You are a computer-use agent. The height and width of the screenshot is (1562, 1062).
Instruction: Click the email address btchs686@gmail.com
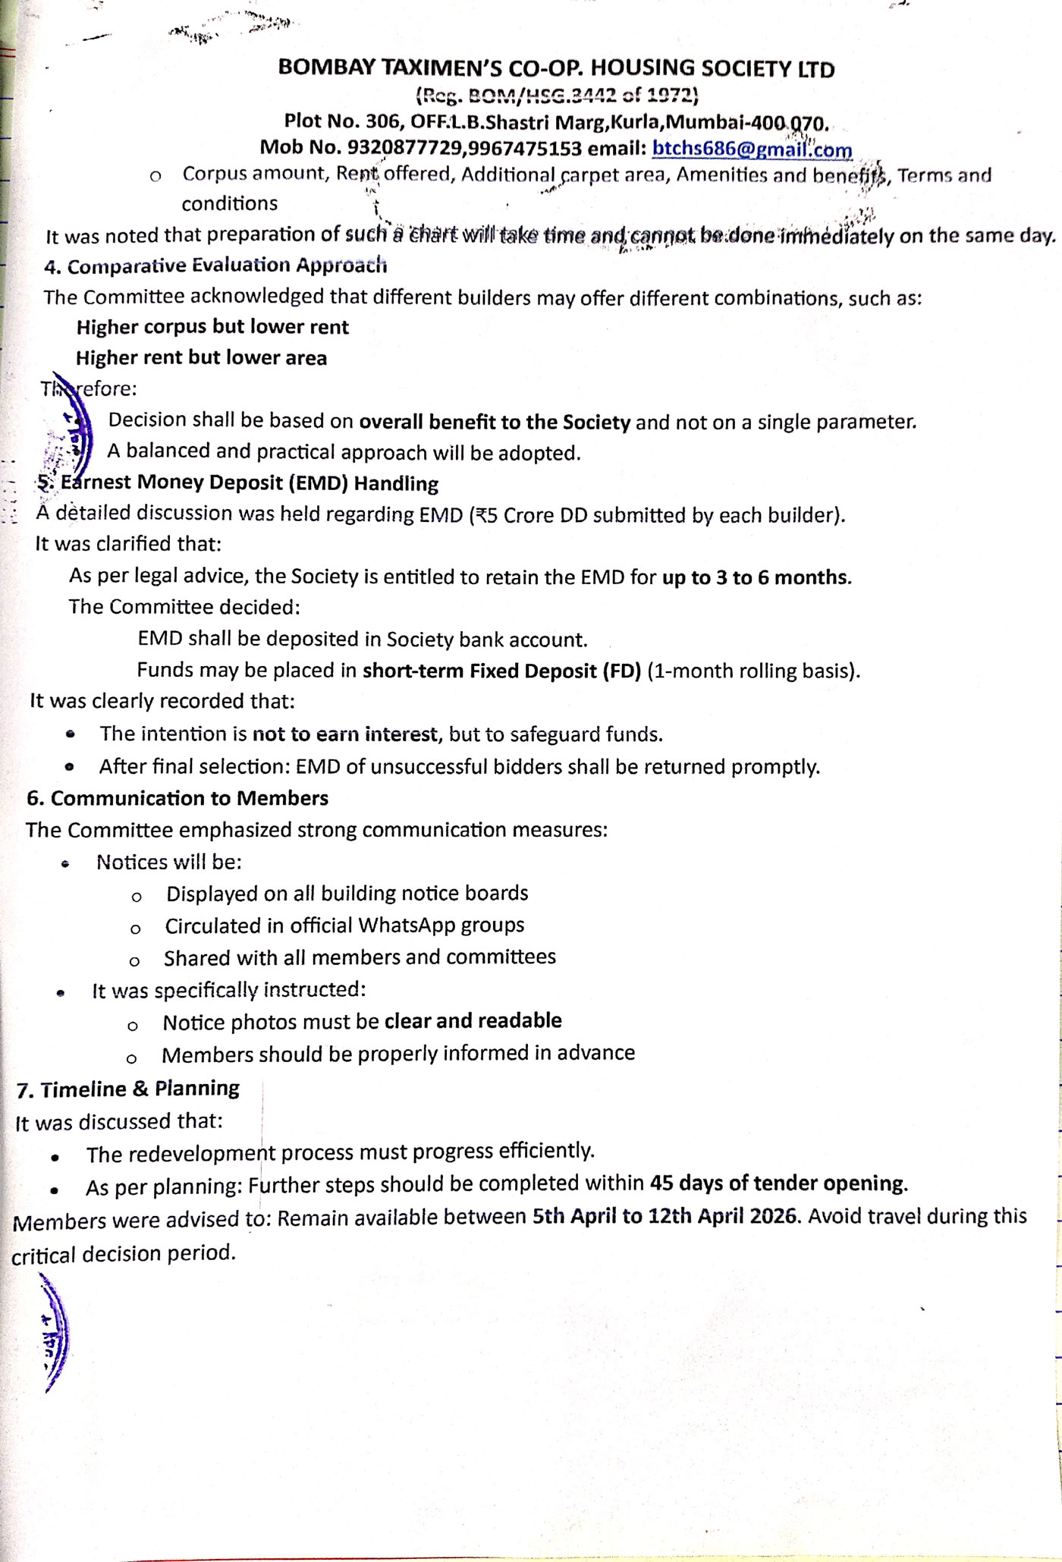tap(752, 149)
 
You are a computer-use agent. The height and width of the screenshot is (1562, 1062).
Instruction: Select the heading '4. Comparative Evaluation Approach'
tap(215, 266)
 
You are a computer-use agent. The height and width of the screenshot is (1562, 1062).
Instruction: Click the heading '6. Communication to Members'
tap(178, 799)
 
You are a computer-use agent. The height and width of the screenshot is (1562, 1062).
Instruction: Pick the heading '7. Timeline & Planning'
tap(128, 1089)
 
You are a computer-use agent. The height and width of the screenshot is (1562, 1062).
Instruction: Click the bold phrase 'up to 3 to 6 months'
tap(756, 578)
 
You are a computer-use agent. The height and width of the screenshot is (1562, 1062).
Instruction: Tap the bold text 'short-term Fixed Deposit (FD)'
tap(501, 671)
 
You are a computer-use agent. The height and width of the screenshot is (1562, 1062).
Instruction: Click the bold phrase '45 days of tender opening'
tap(778, 1184)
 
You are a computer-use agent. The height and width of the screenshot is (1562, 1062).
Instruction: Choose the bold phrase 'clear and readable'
tap(473, 1021)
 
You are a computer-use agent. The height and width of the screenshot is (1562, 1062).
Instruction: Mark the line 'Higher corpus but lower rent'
tap(212, 328)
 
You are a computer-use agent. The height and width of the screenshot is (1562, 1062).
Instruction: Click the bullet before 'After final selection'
tap(70, 767)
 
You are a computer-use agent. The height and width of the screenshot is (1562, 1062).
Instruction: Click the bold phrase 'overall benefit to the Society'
tap(494, 422)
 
